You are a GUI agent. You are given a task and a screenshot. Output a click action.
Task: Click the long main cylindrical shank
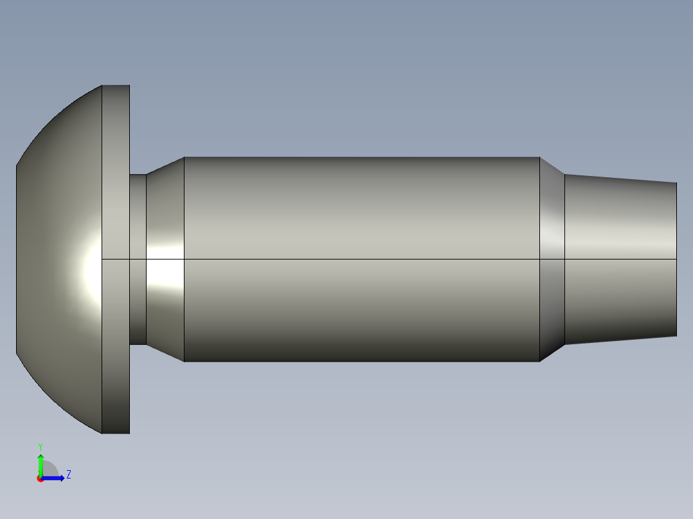(360, 212)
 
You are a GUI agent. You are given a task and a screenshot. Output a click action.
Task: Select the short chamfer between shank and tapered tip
(552, 212)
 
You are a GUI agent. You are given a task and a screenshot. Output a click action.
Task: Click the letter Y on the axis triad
(40, 446)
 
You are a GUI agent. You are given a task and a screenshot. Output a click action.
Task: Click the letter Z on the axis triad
(68, 475)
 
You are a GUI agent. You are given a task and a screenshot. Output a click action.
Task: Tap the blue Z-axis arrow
(55, 478)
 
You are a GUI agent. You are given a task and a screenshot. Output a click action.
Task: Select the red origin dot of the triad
(40, 479)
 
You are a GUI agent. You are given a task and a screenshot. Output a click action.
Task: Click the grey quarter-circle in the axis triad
(50, 470)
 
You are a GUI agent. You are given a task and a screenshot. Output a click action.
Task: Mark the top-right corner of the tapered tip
(676, 182)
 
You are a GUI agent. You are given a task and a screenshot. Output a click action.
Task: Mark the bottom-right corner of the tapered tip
(676, 335)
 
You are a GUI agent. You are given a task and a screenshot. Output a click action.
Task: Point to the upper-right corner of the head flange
(129, 85)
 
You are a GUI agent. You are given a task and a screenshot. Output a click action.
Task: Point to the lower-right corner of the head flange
(129, 433)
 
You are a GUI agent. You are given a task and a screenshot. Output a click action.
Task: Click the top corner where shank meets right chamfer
(539, 157)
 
